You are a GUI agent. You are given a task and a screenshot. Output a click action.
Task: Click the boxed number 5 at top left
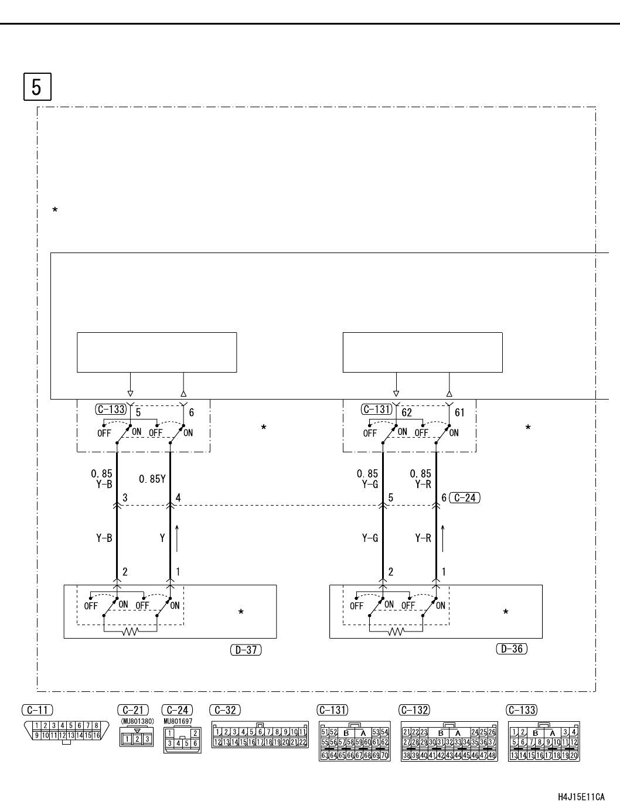click(x=37, y=87)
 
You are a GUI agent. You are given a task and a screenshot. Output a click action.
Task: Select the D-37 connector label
click(x=246, y=649)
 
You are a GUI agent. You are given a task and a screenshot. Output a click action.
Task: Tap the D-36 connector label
click(x=512, y=649)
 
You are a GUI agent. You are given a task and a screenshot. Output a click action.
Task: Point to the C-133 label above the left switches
click(x=111, y=410)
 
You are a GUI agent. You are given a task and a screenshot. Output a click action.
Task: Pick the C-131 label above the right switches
click(x=376, y=410)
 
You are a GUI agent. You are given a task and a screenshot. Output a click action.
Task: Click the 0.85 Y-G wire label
click(x=367, y=479)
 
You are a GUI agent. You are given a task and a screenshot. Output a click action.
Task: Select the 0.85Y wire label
click(x=152, y=479)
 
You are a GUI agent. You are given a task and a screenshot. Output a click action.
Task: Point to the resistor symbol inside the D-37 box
click(x=131, y=632)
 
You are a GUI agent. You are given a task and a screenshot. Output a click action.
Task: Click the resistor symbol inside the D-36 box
click(x=397, y=632)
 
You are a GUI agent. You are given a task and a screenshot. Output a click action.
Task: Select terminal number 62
click(x=407, y=412)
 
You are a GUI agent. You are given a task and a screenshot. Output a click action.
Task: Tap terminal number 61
click(x=459, y=412)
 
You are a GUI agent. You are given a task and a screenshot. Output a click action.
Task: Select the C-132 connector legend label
click(x=414, y=710)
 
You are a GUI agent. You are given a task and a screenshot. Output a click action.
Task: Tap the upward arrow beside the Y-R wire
click(x=443, y=538)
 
